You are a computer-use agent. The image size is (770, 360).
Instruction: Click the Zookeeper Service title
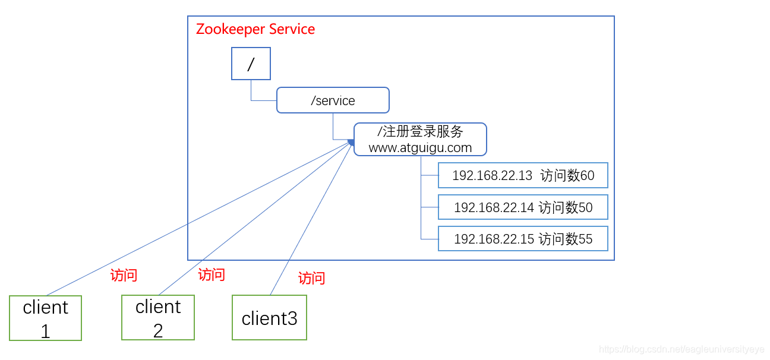[255, 29]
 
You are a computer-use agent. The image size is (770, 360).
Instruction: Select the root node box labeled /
[251, 64]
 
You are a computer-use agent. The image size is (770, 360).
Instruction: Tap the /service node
[333, 100]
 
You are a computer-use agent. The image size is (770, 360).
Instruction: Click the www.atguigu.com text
[420, 148]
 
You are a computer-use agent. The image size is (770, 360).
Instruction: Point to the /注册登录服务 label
[420, 132]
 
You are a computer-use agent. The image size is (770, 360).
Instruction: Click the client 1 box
[46, 318]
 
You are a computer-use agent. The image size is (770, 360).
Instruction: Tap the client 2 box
[158, 318]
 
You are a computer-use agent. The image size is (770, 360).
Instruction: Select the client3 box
[269, 318]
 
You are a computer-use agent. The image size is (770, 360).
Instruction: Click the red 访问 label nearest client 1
[124, 275]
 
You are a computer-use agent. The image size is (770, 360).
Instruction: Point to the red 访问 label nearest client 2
[212, 274]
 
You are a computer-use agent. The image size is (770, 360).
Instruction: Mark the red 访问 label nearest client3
[311, 278]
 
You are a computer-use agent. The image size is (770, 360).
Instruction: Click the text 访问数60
[567, 176]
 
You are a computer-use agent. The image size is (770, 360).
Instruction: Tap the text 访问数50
[566, 207]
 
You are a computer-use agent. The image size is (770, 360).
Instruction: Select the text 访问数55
[566, 239]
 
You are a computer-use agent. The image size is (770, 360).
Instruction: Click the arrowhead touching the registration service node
[351, 142]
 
